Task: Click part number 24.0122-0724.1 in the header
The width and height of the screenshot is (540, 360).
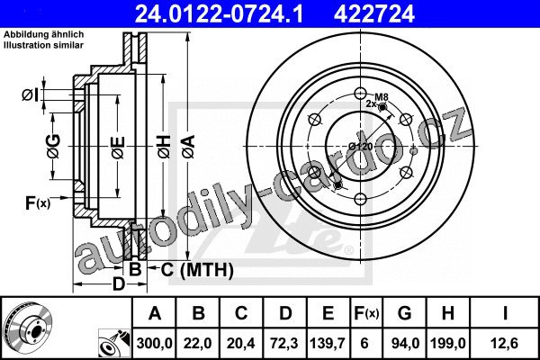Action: pyautogui.click(x=219, y=13)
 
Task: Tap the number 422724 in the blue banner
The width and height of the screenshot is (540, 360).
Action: pyautogui.click(x=374, y=13)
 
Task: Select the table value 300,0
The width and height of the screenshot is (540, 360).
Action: pyautogui.click(x=154, y=344)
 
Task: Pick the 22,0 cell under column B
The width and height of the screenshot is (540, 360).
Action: pyautogui.click(x=198, y=344)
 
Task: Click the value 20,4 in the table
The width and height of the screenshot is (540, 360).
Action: pyautogui.click(x=241, y=344)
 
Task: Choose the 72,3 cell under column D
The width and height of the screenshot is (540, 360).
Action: pyautogui.click(x=284, y=344)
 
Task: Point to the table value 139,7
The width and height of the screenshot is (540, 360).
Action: pyautogui.click(x=328, y=344)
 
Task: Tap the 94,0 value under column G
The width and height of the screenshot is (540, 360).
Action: pyautogui.click(x=404, y=344)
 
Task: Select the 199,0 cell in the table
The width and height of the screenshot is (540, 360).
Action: pyautogui.click(x=447, y=344)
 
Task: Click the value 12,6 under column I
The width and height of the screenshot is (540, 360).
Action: pyautogui.click(x=505, y=344)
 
